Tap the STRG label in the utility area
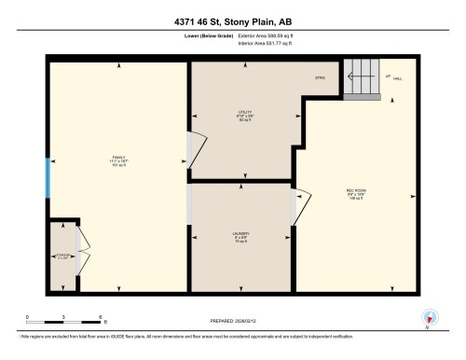coord(320,76)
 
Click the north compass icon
coord(428,316)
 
